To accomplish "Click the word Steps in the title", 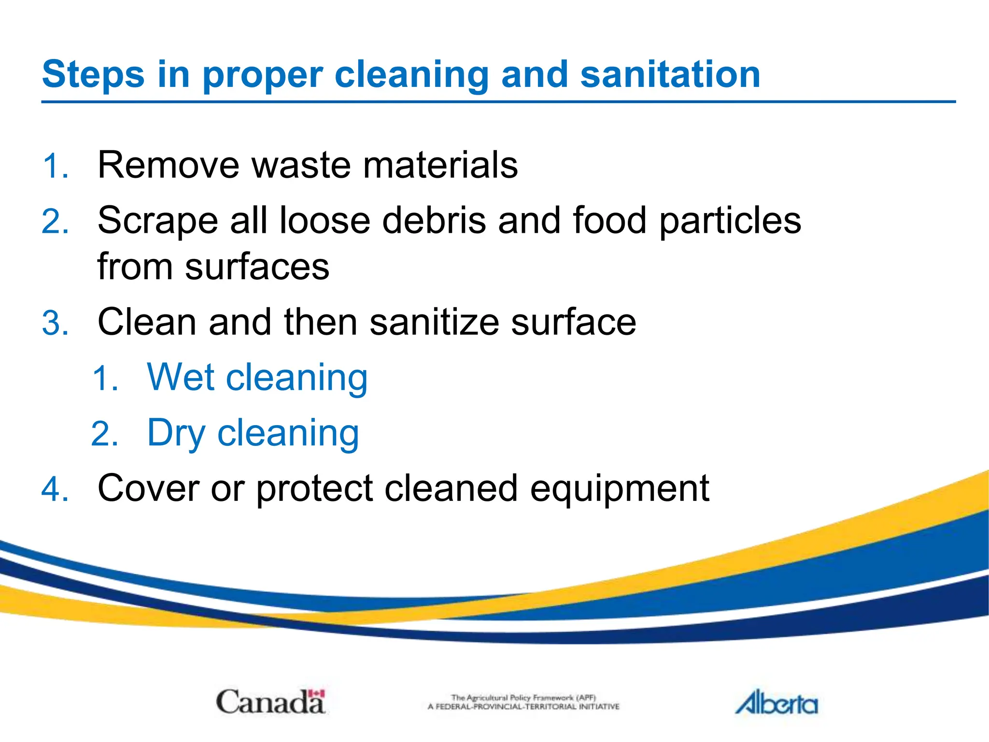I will (93, 75).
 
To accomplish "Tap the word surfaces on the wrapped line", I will (257, 267).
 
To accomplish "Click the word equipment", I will (619, 489).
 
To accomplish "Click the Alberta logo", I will (777, 702).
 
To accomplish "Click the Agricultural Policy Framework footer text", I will (523, 702).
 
